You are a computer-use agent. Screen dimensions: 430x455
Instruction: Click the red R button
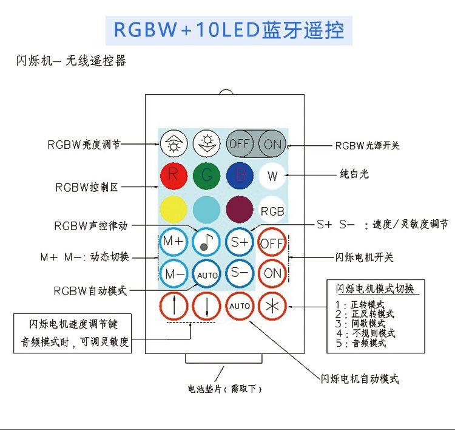174,176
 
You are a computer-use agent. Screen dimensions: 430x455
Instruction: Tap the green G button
207,176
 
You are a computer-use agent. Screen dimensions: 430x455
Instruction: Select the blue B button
240,176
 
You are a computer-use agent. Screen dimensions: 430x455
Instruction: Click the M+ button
174,241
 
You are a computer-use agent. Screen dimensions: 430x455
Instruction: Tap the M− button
174,273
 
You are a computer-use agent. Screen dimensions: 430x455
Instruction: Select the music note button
207,241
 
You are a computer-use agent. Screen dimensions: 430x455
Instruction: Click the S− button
240,273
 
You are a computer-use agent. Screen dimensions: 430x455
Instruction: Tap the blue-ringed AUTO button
207,274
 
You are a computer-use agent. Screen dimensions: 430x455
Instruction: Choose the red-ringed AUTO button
240,306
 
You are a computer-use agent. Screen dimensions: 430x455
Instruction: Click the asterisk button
272,306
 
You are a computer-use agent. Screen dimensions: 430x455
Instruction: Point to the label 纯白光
354,174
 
